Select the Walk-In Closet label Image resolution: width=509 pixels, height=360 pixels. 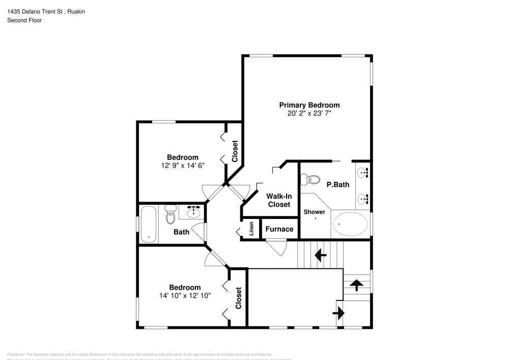coord(278,200)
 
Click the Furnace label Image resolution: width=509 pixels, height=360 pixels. coord(279,229)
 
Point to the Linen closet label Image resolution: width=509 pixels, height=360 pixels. coord(251,229)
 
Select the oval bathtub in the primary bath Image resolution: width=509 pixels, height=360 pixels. coord(350,223)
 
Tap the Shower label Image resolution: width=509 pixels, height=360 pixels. coord(314,212)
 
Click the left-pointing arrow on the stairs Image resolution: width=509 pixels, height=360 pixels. coord(321,255)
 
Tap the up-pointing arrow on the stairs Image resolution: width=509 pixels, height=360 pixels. coord(356,285)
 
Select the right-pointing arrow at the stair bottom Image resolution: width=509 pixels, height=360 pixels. coord(339,313)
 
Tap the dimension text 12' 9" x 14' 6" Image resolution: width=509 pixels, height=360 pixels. coord(183,165)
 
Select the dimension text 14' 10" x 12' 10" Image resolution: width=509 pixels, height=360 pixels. coord(185,295)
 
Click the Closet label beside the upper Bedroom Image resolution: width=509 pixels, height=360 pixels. coord(235,151)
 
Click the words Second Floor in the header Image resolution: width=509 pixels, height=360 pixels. coord(24,20)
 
